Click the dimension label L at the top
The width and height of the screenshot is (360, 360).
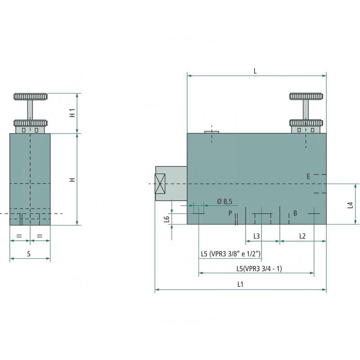[x=255, y=71]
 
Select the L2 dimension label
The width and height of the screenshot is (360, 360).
[x=302, y=236]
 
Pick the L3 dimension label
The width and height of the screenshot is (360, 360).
[x=256, y=236]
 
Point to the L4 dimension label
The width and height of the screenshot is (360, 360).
[x=350, y=205]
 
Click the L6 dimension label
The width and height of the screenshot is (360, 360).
[x=166, y=219]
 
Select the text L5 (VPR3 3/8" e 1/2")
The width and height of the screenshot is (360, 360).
[x=230, y=254]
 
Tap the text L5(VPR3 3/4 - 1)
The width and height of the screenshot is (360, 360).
[x=259, y=269]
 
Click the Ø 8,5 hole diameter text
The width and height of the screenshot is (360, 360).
[x=224, y=201]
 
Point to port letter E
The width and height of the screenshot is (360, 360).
[x=308, y=176]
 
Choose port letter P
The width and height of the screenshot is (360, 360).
[x=230, y=213]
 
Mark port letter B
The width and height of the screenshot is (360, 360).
[x=295, y=213]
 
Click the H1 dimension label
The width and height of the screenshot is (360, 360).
[x=72, y=113]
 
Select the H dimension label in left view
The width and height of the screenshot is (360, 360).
[x=72, y=180]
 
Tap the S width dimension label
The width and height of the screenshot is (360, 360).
[x=29, y=254]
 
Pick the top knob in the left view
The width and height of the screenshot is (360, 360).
[x=30, y=96]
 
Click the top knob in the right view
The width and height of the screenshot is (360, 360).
[x=306, y=96]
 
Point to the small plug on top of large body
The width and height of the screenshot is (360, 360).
[x=211, y=132]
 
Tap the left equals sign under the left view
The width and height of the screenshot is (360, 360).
[x=19, y=236]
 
